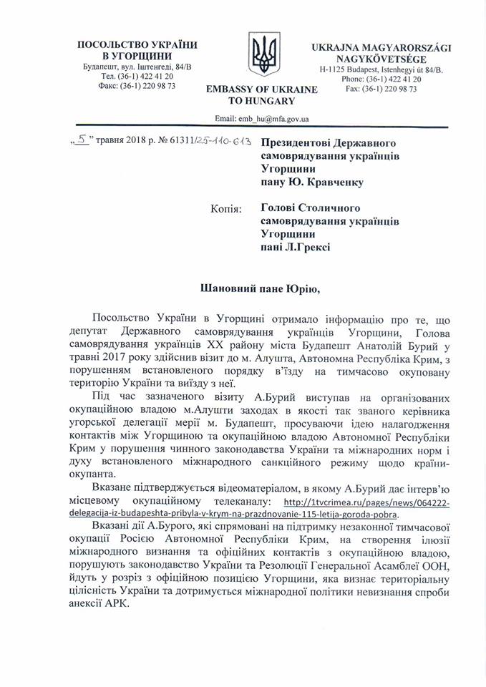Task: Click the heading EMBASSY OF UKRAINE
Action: coord(261,89)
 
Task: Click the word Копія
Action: coord(227,208)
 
